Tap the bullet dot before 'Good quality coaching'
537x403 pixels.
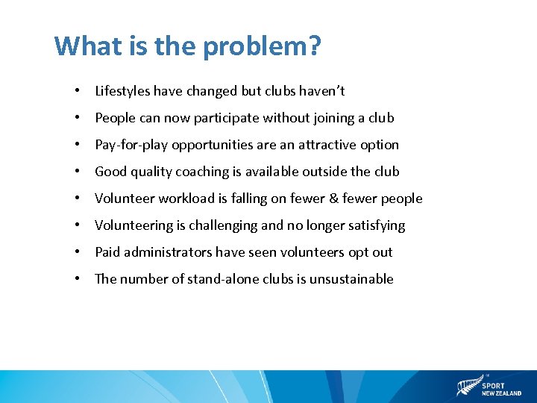(x=77, y=172)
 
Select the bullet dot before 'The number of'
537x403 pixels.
(x=77, y=279)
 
